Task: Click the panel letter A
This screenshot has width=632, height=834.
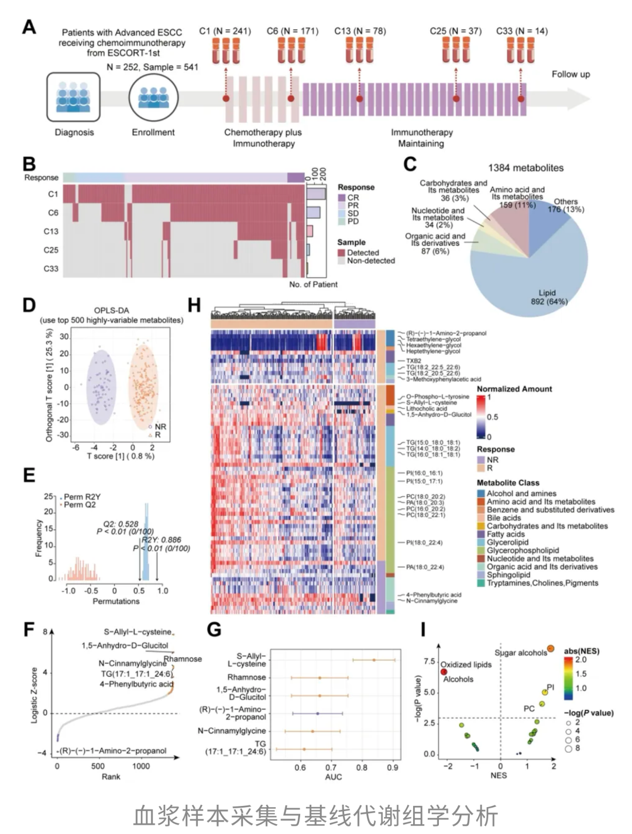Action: (x=29, y=27)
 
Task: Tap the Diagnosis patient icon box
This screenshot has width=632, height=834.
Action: (x=73, y=97)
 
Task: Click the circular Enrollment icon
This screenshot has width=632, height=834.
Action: (x=153, y=97)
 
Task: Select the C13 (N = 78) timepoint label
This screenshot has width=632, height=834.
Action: (x=360, y=31)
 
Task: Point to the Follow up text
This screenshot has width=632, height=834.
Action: (x=571, y=74)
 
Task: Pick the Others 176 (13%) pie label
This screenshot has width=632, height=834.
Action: (x=565, y=205)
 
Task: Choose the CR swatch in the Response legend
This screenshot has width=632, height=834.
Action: (x=342, y=198)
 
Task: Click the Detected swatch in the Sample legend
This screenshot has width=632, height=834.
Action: (x=342, y=253)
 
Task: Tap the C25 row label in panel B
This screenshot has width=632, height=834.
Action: (x=51, y=250)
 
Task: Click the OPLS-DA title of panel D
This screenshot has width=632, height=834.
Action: (x=111, y=311)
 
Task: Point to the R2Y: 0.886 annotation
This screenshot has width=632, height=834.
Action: (x=162, y=540)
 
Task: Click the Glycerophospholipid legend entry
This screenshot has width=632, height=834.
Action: (x=523, y=550)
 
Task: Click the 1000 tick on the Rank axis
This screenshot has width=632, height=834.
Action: (x=140, y=766)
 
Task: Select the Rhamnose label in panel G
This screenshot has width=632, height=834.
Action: (x=246, y=677)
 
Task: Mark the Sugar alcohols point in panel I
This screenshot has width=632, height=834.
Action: (x=550, y=649)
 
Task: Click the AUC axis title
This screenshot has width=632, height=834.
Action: (x=334, y=777)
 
